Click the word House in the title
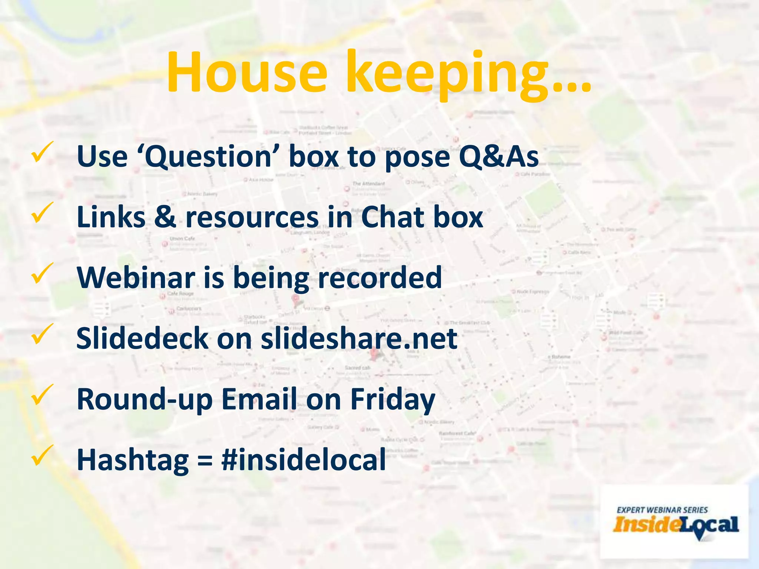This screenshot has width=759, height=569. [246, 72]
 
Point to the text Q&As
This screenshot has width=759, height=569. [498, 156]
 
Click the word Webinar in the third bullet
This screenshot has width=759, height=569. [136, 278]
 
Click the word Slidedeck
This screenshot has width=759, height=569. [142, 338]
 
